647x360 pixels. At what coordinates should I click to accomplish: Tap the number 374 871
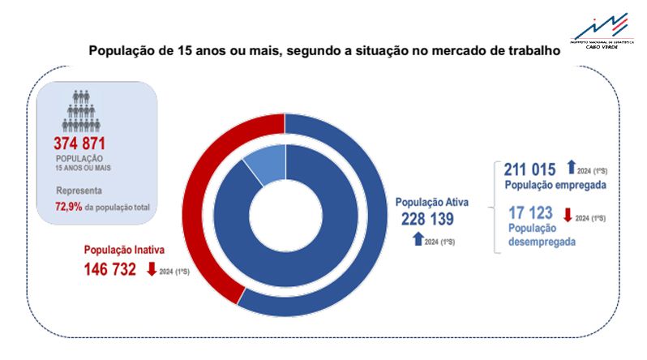[x=90, y=144]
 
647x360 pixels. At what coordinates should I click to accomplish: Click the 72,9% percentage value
[x=69, y=208]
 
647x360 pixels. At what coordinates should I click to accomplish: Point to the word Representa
[x=79, y=192]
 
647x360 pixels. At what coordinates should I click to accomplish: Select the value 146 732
[x=110, y=269]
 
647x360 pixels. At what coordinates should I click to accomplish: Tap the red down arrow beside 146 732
[x=152, y=268]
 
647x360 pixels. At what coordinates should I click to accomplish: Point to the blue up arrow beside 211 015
[x=570, y=168]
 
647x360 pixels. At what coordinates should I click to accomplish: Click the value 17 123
[x=530, y=213]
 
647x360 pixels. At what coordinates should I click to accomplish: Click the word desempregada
[x=542, y=241]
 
